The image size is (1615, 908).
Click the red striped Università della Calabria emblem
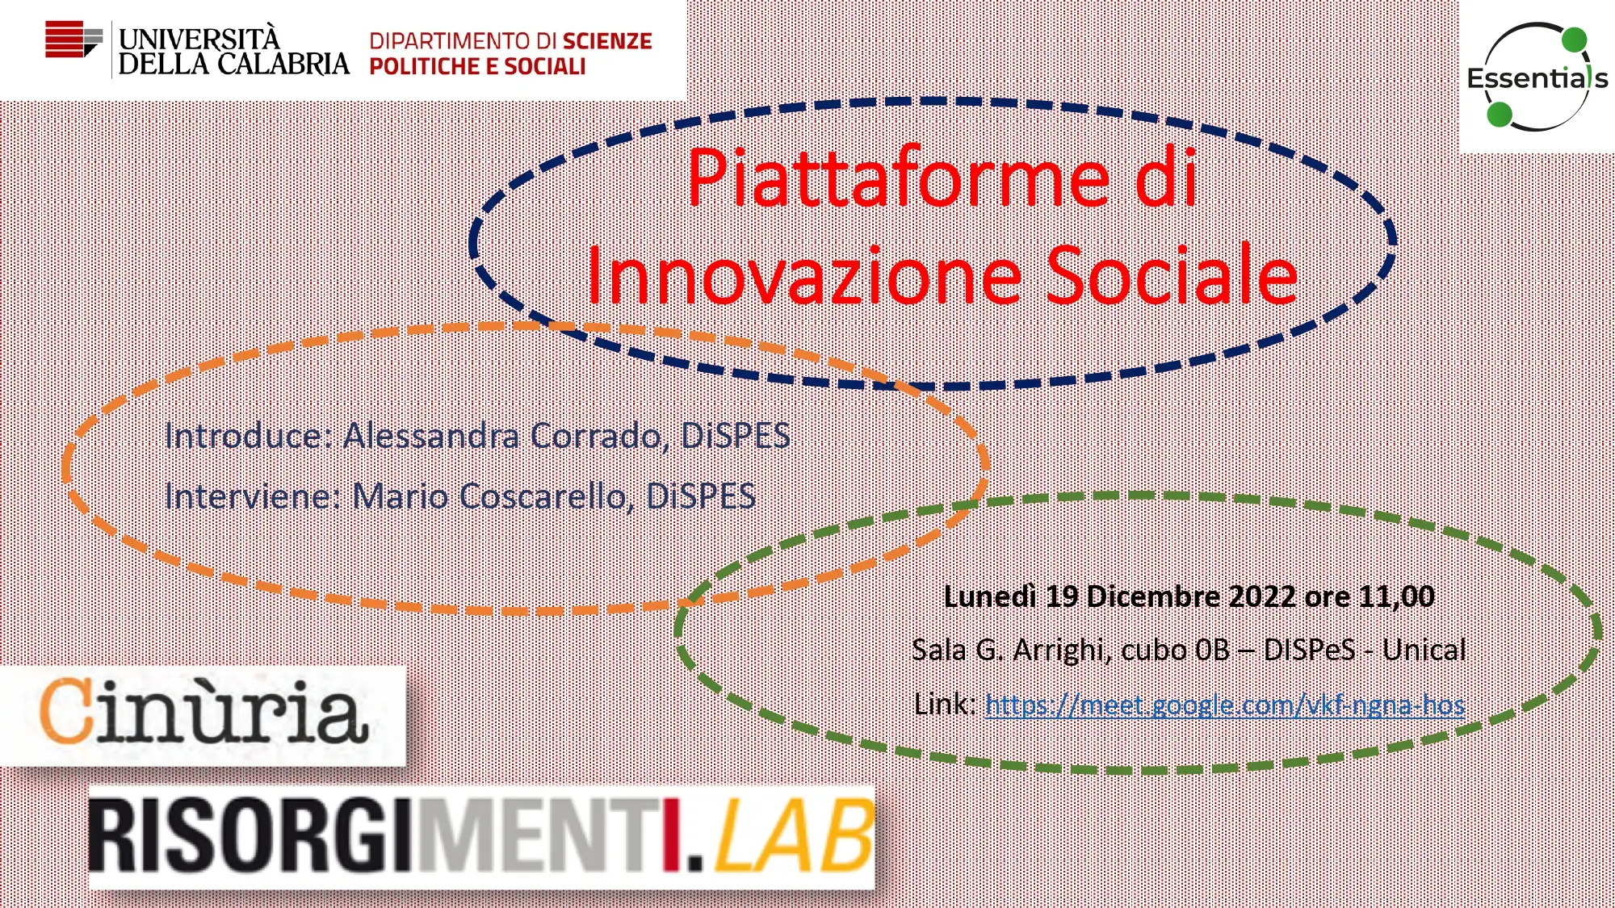[x=73, y=40]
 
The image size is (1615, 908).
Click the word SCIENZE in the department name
[x=607, y=41]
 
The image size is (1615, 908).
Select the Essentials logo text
[x=1537, y=78]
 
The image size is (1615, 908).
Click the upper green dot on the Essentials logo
[x=1574, y=40]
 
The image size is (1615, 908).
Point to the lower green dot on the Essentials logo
[x=1500, y=114]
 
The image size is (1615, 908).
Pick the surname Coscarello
[x=543, y=496]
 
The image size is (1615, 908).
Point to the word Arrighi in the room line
[x=1059, y=650]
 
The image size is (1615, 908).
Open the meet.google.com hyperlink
[x=1225, y=705]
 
